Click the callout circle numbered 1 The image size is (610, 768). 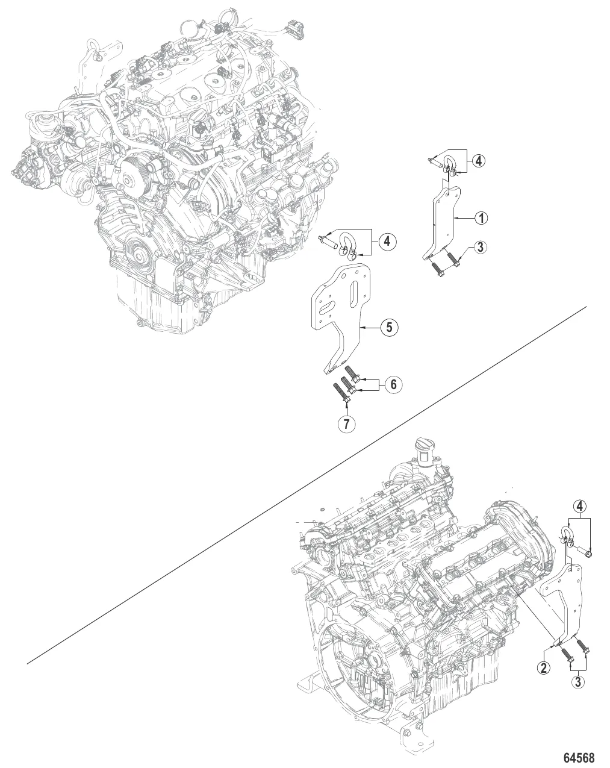481,217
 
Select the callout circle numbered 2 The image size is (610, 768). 543,667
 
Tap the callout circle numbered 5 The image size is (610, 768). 389,327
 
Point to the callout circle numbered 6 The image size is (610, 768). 393,384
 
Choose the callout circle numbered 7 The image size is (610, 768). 346,423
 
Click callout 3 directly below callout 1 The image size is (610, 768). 481,247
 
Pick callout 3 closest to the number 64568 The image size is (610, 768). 578,682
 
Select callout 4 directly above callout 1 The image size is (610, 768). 479,161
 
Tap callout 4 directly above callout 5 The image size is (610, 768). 387,242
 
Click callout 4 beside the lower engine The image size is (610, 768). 580,506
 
